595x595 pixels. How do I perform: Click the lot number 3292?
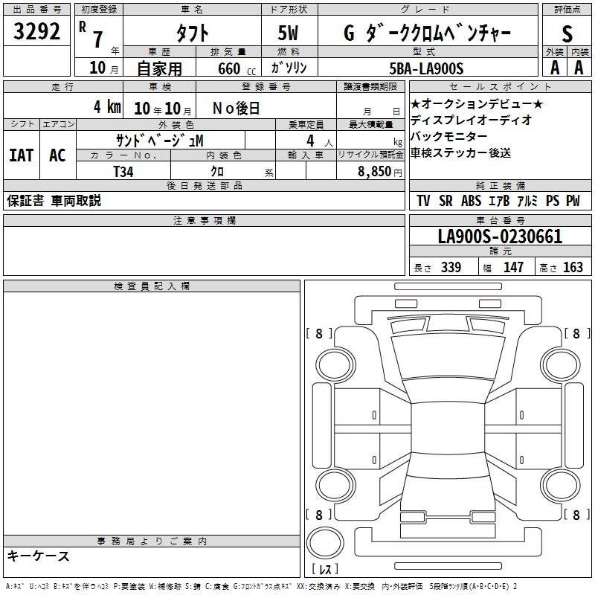pos(36,31)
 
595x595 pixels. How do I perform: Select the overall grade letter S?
pos(567,33)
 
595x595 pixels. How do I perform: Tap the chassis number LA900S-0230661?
pos(500,237)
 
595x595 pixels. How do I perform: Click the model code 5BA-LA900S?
pos(426,68)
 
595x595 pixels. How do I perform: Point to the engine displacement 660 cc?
pos(237,68)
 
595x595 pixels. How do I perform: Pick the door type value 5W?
pos(288,33)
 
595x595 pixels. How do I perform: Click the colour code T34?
pos(123,172)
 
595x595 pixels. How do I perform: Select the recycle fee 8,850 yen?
pos(380,172)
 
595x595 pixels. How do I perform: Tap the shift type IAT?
pos(22,155)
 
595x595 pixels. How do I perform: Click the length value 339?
pos(451,267)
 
